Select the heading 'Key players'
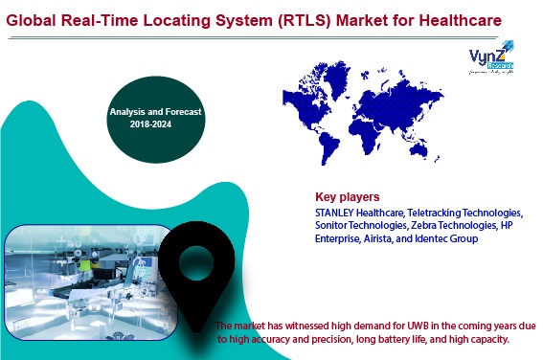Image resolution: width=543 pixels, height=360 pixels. coord(347,197)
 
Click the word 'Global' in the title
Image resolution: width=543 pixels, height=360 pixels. coord(37,18)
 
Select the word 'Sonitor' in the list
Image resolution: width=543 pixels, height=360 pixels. coord(335,225)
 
